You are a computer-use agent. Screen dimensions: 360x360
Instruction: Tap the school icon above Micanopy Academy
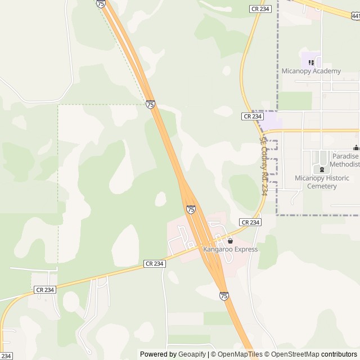[311, 61]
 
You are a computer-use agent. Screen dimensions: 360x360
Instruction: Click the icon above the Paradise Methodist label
[356, 148]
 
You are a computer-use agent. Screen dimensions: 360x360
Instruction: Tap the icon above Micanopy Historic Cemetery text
[322, 169]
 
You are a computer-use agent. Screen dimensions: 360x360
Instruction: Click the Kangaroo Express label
[231, 249]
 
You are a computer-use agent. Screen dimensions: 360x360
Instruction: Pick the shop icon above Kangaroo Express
[230, 241]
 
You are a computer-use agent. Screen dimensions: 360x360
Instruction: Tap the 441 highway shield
[355, 17]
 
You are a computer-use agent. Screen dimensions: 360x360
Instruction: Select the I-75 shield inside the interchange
[191, 209]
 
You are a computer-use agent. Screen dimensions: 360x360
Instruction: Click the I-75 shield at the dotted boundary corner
[150, 104]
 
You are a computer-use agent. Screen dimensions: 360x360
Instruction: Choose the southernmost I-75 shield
[224, 295]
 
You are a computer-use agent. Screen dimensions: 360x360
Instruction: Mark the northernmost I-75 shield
[101, 3]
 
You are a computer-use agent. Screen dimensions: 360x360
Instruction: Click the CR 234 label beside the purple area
[253, 116]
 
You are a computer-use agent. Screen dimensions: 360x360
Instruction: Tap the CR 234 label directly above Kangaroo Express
[250, 222]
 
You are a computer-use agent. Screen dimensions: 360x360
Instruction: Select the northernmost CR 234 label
[260, 8]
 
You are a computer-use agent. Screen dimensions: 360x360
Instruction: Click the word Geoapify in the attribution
[192, 354]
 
